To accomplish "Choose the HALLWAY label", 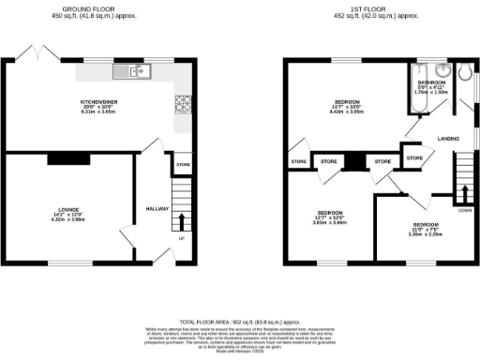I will [155, 208].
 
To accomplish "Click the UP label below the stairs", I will [181, 237].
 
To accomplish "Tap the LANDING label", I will [448, 139].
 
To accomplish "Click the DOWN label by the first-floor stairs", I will [463, 211].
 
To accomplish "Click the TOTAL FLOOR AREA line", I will [239, 321].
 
